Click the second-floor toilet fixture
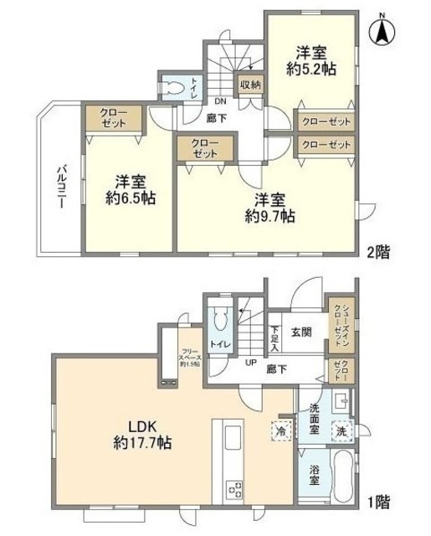tap(174, 88)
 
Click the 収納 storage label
tap(249, 84)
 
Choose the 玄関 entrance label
tap(301, 332)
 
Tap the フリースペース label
tap(187, 353)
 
